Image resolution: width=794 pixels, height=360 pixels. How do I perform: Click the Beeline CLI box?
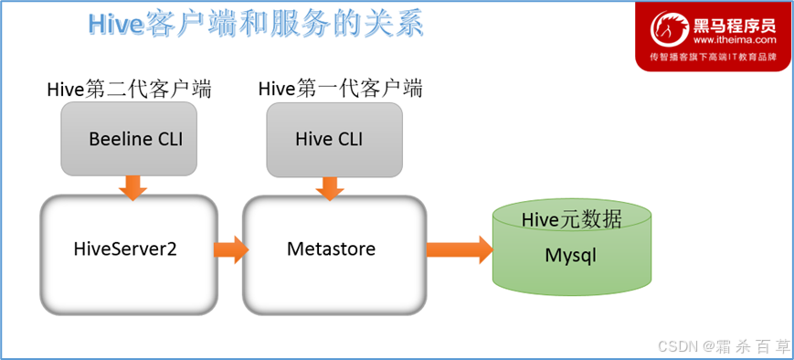tap(129, 139)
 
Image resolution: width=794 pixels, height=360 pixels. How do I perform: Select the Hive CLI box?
tap(334, 140)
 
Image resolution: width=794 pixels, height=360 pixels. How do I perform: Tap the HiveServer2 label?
tap(125, 249)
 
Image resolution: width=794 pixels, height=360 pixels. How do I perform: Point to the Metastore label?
tap(332, 249)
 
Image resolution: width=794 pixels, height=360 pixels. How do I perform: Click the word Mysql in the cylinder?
tap(571, 256)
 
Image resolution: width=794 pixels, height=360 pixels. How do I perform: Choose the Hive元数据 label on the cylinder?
tap(572, 220)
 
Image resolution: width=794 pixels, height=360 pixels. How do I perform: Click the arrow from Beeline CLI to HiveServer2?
tap(132, 188)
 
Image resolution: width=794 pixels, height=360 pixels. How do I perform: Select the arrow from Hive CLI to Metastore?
tap(330, 189)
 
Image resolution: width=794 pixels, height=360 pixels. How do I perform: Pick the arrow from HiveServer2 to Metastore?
tap(231, 249)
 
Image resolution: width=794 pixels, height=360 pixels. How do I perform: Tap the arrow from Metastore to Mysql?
tap(460, 249)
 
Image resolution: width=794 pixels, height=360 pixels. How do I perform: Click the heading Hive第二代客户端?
tap(129, 90)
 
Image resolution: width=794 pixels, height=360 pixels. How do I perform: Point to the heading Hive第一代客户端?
tap(340, 89)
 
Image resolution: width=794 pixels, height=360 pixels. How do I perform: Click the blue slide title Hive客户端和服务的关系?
tap(256, 25)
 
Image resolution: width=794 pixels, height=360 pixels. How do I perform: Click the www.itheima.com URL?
tap(735, 39)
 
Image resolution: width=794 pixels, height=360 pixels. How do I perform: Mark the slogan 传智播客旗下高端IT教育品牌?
tap(713, 58)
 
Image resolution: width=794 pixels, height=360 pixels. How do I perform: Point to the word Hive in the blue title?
tap(114, 25)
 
